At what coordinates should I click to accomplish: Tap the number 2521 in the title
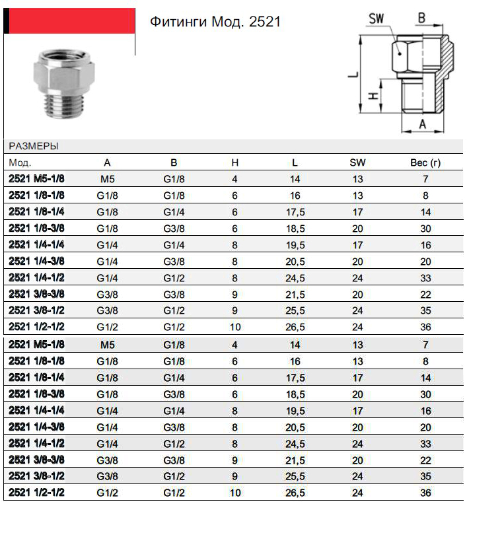click(x=266, y=22)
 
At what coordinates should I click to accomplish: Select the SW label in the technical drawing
click(x=377, y=18)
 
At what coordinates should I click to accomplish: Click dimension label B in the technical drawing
click(x=421, y=18)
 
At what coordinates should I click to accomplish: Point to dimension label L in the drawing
click(x=355, y=75)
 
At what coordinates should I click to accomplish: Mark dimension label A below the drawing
click(x=423, y=124)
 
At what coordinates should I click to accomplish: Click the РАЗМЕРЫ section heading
click(x=33, y=146)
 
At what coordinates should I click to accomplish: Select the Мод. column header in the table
click(x=20, y=162)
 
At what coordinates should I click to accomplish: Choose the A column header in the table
click(x=108, y=162)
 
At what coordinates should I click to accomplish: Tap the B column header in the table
click(x=174, y=162)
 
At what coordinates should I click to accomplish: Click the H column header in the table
click(x=234, y=162)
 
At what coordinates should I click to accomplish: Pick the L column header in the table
click(x=295, y=162)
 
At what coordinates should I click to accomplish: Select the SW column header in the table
click(x=357, y=162)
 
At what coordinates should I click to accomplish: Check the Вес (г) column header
click(x=425, y=162)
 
